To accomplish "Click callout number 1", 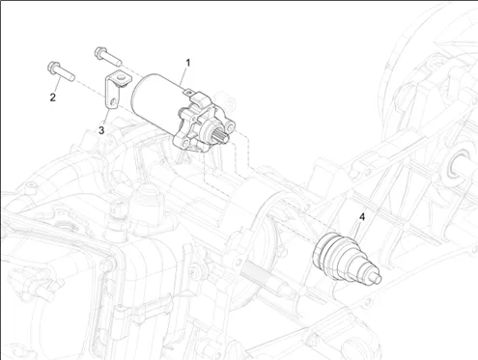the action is pyautogui.click(x=188, y=63).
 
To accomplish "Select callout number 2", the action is pyautogui.click(x=53, y=97).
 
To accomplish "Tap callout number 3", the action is pyautogui.click(x=101, y=130).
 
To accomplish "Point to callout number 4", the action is pyautogui.click(x=362, y=217).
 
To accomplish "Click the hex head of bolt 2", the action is pyautogui.click(x=52, y=67).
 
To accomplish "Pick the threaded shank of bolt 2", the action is pyautogui.click(x=66, y=73).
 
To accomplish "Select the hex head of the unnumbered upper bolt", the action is pyautogui.click(x=99, y=52).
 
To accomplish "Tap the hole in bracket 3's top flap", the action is pyautogui.click(x=121, y=77).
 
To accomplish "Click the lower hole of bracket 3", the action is pyautogui.click(x=112, y=102).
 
